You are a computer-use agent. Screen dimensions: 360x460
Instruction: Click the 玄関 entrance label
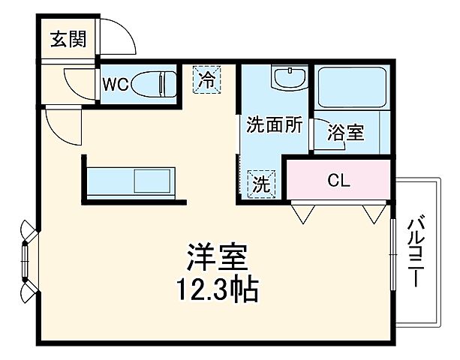point(68,39)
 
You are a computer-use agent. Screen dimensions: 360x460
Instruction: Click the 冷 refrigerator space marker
point(205,79)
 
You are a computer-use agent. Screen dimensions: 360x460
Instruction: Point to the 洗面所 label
point(275,124)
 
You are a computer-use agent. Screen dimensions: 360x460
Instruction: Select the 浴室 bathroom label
point(345,133)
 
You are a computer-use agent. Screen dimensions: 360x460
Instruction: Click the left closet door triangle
point(303,214)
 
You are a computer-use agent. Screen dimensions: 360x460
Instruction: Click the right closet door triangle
point(374,214)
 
